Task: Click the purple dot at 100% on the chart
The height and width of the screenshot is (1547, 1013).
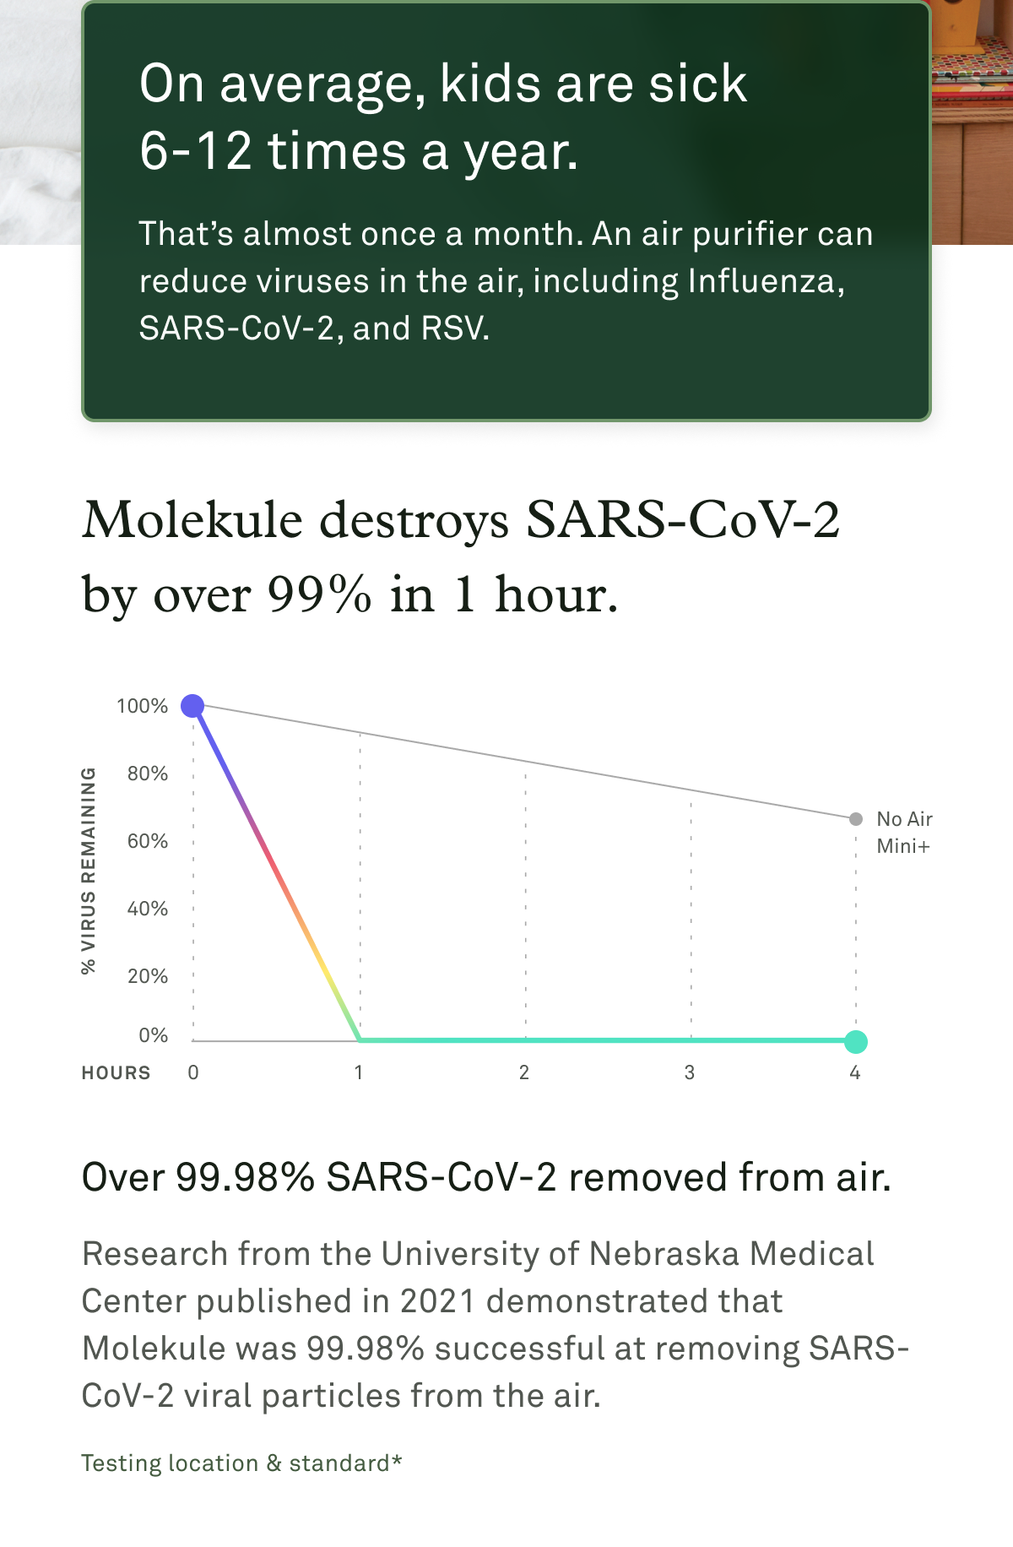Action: coord(193,705)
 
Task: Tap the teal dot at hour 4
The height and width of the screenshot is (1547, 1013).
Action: coord(856,1041)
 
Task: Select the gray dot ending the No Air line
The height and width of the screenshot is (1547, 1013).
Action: coord(856,818)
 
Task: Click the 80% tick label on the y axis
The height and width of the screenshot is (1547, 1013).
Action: coord(148,773)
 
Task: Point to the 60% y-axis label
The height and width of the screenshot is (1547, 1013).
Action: coord(148,841)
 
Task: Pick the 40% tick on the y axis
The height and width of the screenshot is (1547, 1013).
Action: coord(148,909)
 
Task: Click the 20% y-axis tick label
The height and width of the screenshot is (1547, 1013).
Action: coord(148,976)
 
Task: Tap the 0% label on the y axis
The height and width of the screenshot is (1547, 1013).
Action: coord(153,1035)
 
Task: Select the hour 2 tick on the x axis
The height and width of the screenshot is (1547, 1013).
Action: coord(524,1072)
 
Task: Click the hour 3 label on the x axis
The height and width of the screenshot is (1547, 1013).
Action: coord(690,1072)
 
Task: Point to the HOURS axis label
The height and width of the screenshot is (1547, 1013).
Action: coord(116,1072)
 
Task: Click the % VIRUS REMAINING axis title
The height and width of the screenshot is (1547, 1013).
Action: coord(89,870)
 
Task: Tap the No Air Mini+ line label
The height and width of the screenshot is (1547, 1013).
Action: coord(904,832)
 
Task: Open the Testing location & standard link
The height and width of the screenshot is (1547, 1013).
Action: coord(241,1463)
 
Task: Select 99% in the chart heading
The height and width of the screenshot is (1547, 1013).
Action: coord(319,595)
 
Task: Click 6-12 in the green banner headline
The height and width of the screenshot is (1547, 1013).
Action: coord(196,151)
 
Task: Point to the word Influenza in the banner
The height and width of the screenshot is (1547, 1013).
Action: coord(766,281)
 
